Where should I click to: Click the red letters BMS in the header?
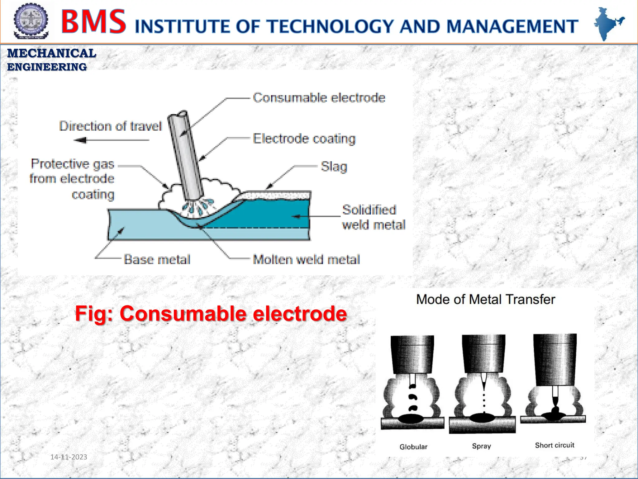point(93,22)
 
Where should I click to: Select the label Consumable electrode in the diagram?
point(319,98)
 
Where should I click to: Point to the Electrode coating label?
point(304,139)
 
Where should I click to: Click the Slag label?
point(334,167)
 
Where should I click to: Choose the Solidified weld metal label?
point(374,217)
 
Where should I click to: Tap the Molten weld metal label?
point(306,259)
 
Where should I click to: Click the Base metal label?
point(157,259)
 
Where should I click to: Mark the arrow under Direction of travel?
point(111,140)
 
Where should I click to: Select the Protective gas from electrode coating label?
point(72,179)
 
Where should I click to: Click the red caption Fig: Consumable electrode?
point(211,313)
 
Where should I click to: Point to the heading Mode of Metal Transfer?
point(485,299)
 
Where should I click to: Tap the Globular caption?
point(413,447)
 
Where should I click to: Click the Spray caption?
point(481,446)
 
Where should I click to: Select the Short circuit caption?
point(555,445)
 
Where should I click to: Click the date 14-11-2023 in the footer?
point(69,457)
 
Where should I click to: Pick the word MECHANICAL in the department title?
point(52,53)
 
